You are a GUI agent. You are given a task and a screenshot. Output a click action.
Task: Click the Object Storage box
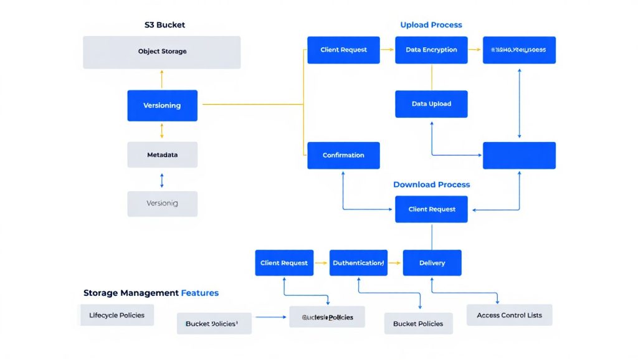click(162, 52)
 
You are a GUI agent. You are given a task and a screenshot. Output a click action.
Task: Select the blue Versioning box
click(162, 105)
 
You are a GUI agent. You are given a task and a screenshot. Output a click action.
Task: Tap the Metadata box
click(162, 154)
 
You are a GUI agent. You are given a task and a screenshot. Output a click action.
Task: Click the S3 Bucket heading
click(164, 25)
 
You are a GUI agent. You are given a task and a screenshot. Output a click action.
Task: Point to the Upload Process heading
click(431, 25)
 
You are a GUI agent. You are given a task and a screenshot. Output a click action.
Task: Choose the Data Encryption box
click(431, 50)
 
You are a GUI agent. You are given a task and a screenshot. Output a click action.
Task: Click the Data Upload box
click(431, 104)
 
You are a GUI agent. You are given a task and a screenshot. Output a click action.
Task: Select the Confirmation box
click(343, 155)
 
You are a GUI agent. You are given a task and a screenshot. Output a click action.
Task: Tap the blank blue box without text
click(519, 155)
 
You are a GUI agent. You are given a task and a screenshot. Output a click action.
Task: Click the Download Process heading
click(431, 184)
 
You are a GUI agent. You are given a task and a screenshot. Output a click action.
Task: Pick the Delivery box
click(432, 263)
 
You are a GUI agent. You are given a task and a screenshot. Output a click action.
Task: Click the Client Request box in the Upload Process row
click(343, 50)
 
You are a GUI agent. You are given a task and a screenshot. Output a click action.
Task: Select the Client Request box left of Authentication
click(284, 263)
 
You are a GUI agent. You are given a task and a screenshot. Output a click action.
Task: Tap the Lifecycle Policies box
click(117, 315)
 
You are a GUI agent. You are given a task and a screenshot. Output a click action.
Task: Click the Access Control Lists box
click(509, 315)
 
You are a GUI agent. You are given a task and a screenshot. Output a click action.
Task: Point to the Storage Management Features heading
click(151, 293)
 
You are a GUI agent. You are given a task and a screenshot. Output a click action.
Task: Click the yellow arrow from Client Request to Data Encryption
click(387, 49)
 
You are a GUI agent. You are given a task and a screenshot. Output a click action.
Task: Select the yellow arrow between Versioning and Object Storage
click(162, 79)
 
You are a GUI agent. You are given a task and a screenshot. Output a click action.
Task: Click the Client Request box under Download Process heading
click(432, 209)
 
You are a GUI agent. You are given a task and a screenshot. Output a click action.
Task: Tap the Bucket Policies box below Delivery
click(418, 323)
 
